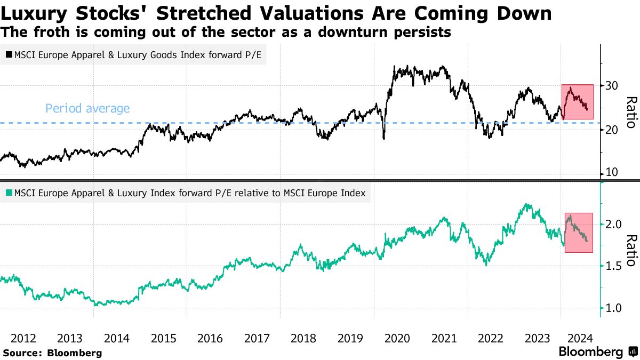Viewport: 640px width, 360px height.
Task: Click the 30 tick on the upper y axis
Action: click(x=611, y=85)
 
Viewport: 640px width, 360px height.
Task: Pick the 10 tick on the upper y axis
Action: click(x=611, y=172)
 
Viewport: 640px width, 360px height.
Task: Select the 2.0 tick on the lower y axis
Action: click(x=614, y=223)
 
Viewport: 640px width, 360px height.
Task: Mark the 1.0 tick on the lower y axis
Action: click(x=614, y=308)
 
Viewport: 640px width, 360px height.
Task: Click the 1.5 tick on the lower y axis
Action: click(x=614, y=266)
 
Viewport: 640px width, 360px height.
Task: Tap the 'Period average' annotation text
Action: click(x=87, y=109)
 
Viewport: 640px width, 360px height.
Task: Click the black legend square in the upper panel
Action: click(x=9, y=54)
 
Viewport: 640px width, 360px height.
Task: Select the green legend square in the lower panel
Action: click(x=9, y=193)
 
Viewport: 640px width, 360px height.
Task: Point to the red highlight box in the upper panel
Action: click(x=578, y=101)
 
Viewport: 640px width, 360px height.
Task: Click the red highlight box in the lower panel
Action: click(x=579, y=233)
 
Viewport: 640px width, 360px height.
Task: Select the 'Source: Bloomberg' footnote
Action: click(x=52, y=353)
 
